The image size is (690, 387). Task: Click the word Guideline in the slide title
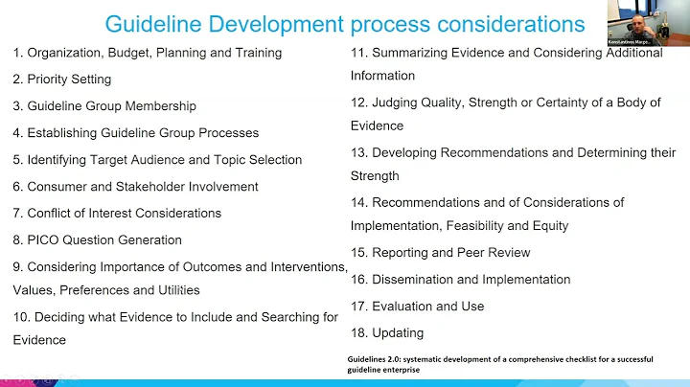[x=159, y=23]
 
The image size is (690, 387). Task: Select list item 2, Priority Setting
[x=62, y=80]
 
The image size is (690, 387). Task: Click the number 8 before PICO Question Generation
[x=17, y=239]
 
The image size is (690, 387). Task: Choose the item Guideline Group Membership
[x=111, y=106]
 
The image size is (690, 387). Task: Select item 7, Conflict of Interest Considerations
[x=117, y=213]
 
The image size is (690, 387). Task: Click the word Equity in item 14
[x=549, y=226]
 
